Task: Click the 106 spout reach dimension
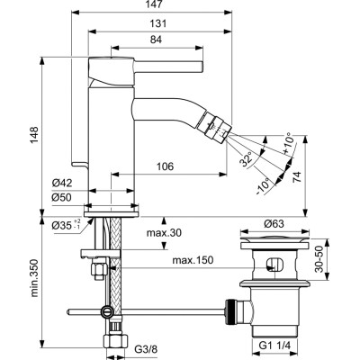click(164, 165)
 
